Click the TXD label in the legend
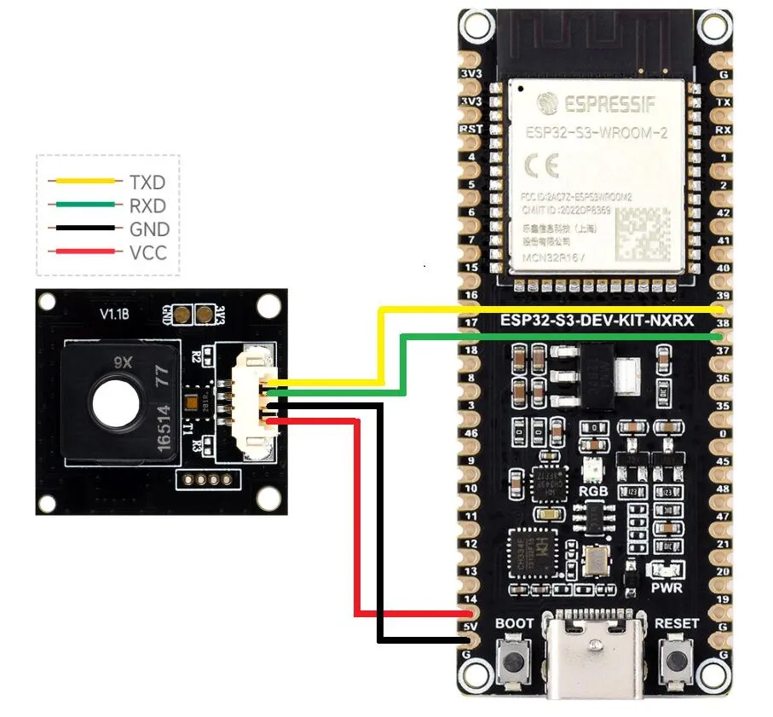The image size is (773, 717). coord(147,182)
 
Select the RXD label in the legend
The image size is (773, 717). coord(147,206)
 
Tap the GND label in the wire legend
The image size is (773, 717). coord(148,229)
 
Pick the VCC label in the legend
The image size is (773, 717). coord(147,253)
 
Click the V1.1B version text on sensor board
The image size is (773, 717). coord(113,315)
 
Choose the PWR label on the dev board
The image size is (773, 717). coord(666,588)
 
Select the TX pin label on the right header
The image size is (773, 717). coord(724,101)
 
